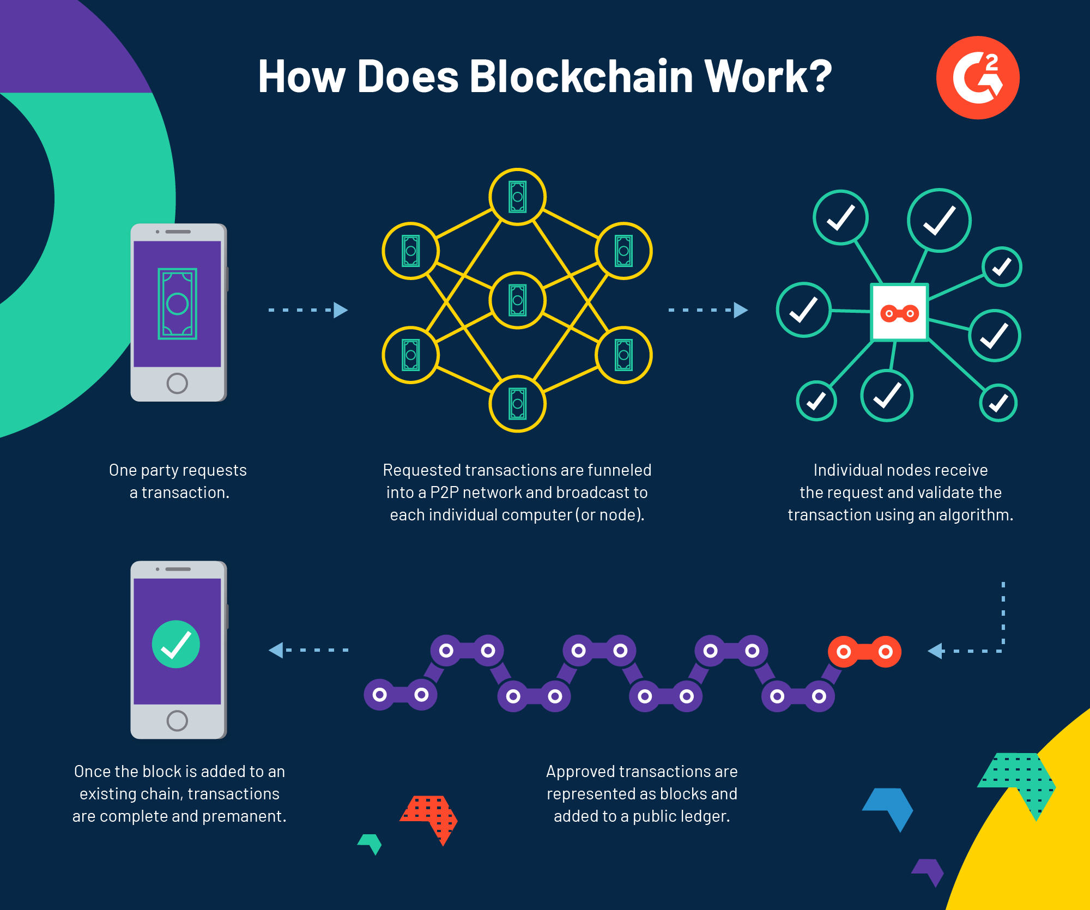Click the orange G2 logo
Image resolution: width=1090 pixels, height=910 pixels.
pyautogui.click(x=978, y=77)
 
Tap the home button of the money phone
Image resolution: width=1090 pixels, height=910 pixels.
pyautogui.click(x=177, y=383)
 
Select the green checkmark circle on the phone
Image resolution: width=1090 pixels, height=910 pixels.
pyautogui.click(x=176, y=644)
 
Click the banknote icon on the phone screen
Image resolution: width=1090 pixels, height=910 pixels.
pyautogui.click(x=177, y=304)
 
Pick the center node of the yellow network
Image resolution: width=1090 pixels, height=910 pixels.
pyautogui.click(x=517, y=300)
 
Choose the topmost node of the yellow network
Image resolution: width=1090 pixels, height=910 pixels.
pyautogui.click(x=517, y=197)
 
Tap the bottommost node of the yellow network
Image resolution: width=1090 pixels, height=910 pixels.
pyautogui.click(x=517, y=404)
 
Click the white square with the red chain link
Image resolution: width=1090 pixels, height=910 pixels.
pyautogui.click(x=899, y=313)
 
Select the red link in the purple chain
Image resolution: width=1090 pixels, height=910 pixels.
pyautogui.click(x=864, y=652)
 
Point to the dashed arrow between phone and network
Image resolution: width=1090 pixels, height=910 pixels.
pyautogui.click(x=308, y=310)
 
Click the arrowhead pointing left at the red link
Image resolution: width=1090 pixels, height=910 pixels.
pyautogui.click(x=936, y=651)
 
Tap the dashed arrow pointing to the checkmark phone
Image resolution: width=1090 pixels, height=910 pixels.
pyautogui.click(x=308, y=650)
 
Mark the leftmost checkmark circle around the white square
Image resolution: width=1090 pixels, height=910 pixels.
pyautogui.click(x=803, y=310)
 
